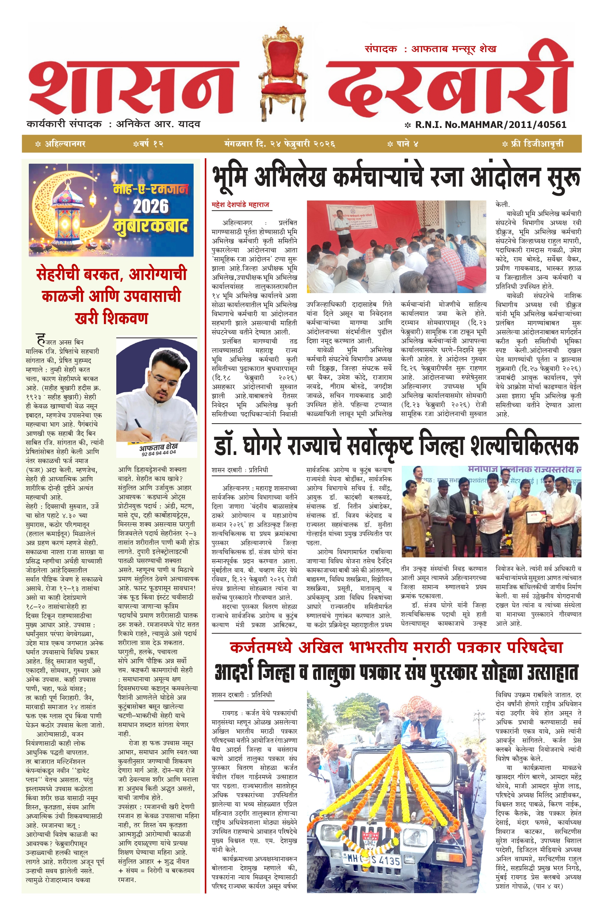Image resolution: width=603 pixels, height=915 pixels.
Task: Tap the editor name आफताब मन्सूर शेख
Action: pyautogui.click(x=454, y=49)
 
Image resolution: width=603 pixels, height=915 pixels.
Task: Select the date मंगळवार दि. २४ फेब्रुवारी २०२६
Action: pyautogui.click(x=280, y=144)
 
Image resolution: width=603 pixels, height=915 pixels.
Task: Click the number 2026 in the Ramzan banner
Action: pyautogui.click(x=151, y=206)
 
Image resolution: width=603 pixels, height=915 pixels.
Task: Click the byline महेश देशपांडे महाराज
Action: pyautogui.click(x=240, y=205)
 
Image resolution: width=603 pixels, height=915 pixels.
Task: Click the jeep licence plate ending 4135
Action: pyautogui.click(x=371, y=860)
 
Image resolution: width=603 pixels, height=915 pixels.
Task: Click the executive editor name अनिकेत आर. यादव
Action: pyautogui.click(x=158, y=124)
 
